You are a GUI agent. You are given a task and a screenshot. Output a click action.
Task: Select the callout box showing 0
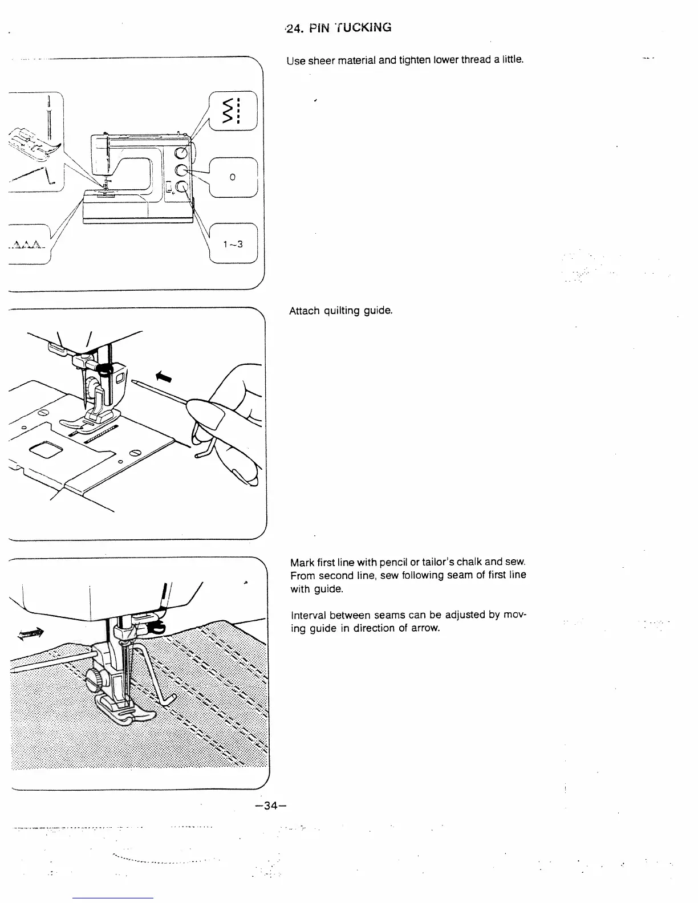(x=233, y=177)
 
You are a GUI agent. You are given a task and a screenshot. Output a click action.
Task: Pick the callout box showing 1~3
(x=233, y=244)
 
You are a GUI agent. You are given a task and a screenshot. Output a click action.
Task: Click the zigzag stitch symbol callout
(x=234, y=111)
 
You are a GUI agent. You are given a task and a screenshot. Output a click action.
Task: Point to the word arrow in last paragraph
(x=426, y=628)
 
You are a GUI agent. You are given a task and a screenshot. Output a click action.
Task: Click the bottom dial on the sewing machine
(x=182, y=187)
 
